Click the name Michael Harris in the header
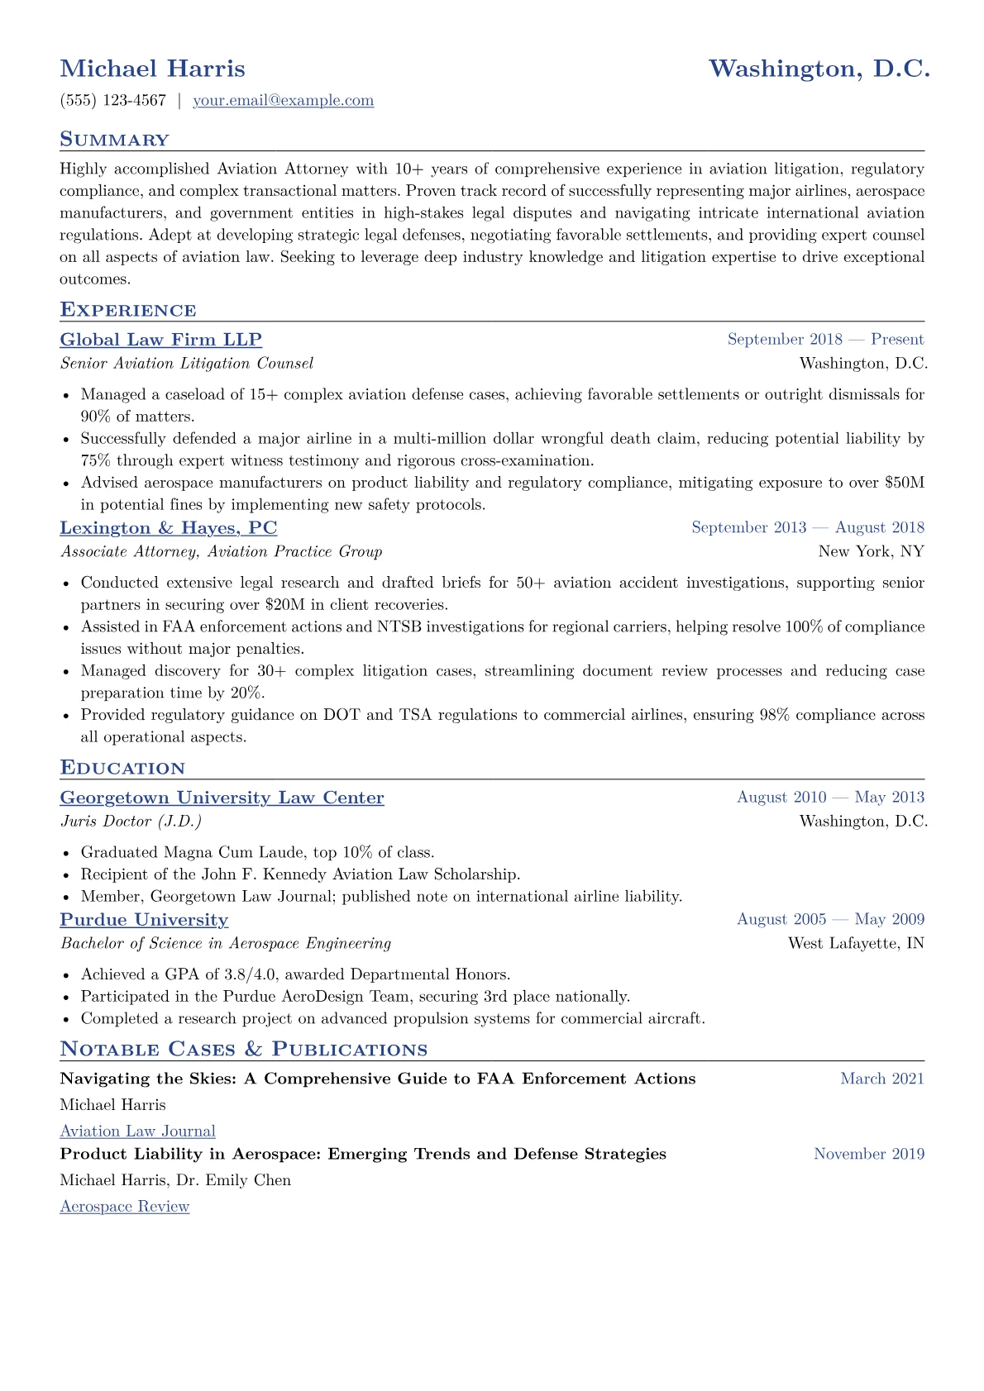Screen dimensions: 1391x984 coord(152,69)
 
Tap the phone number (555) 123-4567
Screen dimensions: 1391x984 coord(113,101)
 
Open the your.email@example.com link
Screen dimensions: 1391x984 coord(283,101)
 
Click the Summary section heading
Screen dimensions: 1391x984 coord(114,140)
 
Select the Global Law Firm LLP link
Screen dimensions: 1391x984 coord(161,340)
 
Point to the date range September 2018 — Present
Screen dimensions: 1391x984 coord(825,340)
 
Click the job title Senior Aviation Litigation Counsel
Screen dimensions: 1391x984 coord(187,364)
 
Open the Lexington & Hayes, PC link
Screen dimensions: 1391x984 coord(169,528)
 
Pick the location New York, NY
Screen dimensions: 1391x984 coord(871,551)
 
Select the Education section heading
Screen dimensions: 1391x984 coord(122,768)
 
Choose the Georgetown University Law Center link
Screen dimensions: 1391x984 coord(222,798)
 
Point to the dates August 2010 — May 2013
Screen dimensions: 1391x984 coord(830,798)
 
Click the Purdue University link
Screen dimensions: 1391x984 coord(144,920)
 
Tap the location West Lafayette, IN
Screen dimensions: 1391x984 coord(856,943)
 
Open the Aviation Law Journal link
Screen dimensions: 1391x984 coord(138,1131)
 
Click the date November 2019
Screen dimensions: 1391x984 coord(869,1154)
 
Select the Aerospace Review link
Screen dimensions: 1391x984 coord(125,1207)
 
